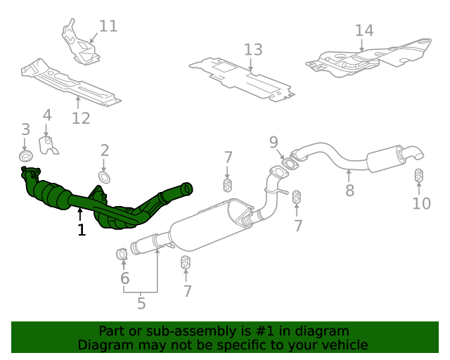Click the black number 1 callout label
point(82,230)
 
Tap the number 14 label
point(364,31)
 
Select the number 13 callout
point(253,50)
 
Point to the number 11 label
point(108,27)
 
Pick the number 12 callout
point(81,118)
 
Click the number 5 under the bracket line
point(141,304)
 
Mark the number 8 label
point(349,190)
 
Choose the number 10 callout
point(421,204)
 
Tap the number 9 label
point(274,143)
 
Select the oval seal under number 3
point(25,155)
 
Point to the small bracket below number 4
point(49,146)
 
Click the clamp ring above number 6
point(121,253)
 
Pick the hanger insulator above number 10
point(418,175)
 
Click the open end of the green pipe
point(188,188)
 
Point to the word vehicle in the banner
point(343,345)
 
